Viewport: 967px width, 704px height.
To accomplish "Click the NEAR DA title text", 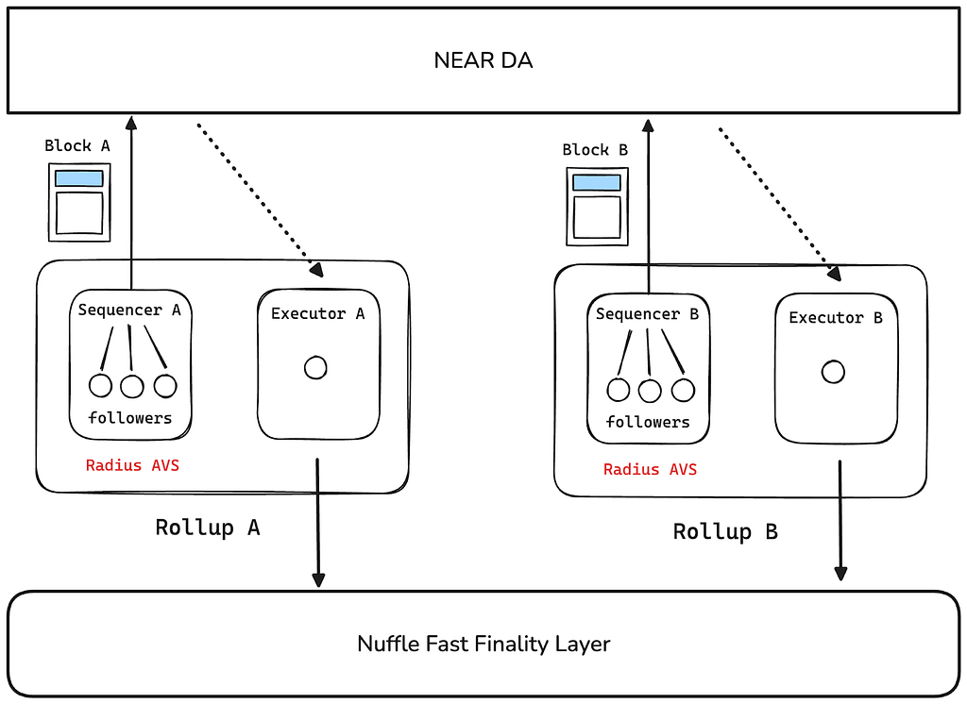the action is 483,60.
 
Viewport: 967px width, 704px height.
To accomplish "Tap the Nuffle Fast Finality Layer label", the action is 483,645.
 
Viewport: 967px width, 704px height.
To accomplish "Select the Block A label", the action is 77,146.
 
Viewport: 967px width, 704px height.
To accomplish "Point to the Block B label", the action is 595,150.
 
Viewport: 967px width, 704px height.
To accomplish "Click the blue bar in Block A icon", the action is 79,178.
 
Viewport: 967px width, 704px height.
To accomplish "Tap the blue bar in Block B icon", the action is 597,182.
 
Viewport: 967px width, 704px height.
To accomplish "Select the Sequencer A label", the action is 129,310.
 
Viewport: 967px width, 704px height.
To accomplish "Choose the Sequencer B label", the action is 647,314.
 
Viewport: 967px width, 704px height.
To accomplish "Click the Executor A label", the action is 317,313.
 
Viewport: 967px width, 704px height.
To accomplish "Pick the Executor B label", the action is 836,318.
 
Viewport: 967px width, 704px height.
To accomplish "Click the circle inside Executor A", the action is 315,368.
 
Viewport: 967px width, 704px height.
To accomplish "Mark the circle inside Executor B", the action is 833,372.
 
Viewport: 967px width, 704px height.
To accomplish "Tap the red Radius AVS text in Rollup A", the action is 132,465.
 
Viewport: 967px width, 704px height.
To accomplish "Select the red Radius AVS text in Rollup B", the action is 650,470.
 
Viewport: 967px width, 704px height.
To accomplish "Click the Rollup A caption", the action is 208,528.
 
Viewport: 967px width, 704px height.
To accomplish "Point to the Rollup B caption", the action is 725,532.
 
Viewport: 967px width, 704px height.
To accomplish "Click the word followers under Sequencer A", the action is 130,418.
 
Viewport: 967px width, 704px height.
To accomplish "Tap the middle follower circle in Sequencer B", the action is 650,391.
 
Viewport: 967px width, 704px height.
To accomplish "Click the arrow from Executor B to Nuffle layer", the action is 840,520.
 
